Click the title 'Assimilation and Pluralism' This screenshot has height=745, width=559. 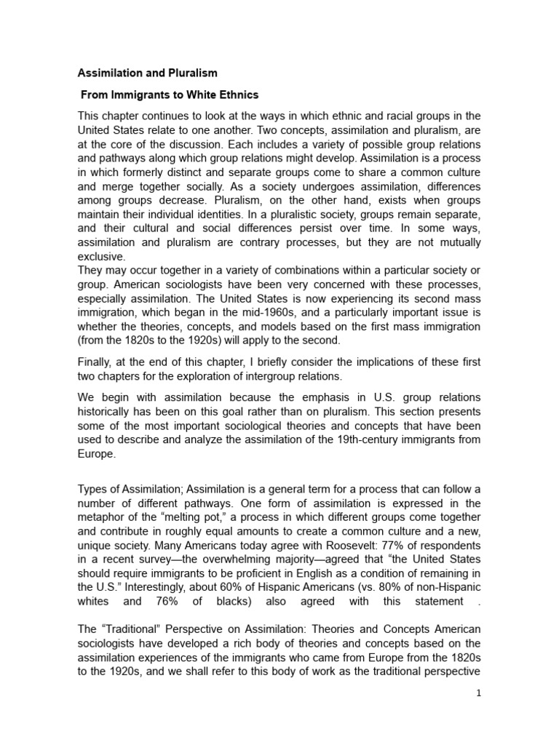[148, 74]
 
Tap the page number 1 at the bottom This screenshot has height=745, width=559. [478, 693]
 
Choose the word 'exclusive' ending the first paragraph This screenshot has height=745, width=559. [102, 257]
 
